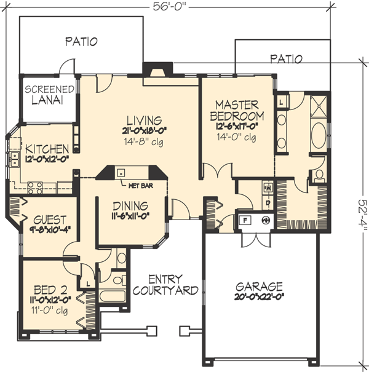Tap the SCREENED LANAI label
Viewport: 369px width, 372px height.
pos(49,95)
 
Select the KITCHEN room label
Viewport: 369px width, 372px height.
pos(47,149)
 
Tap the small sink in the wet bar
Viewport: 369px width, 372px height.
pos(122,172)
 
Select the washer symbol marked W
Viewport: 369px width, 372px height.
pos(268,186)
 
